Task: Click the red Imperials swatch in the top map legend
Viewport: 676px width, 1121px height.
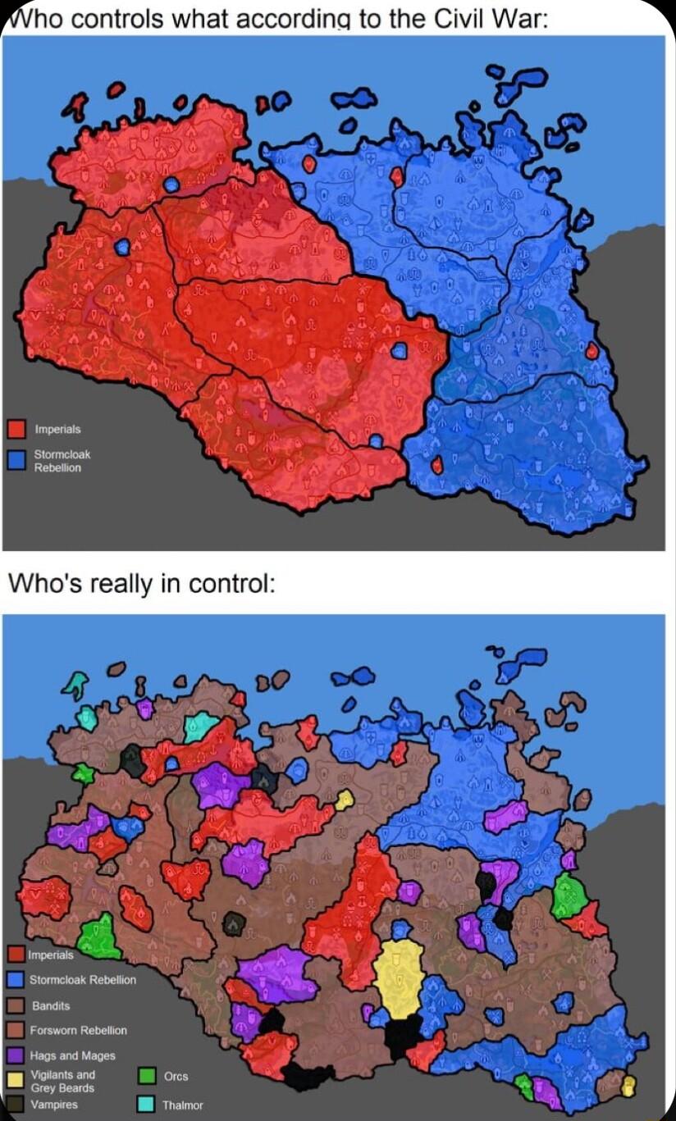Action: pos(16,429)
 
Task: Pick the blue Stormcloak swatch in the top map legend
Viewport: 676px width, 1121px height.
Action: pos(16,459)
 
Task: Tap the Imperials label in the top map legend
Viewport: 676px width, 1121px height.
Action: pos(57,429)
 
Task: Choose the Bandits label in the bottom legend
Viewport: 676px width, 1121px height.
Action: pos(51,1005)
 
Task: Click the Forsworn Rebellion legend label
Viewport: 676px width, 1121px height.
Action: pos(79,1030)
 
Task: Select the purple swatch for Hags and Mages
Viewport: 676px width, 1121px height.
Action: pos(16,1055)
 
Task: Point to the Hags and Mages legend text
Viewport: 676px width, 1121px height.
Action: pos(73,1055)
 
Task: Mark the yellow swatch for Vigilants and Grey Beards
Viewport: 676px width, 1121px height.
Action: pos(16,1080)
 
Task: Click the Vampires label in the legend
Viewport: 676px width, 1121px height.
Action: pos(54,1104)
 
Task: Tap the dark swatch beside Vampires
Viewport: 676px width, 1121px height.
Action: pos(16,1104)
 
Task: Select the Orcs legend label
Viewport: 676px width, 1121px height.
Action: pos(176,1076)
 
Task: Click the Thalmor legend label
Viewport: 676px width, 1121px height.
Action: pos(183,1105)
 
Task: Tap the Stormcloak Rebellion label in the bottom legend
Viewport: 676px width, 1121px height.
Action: pos(83,980)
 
